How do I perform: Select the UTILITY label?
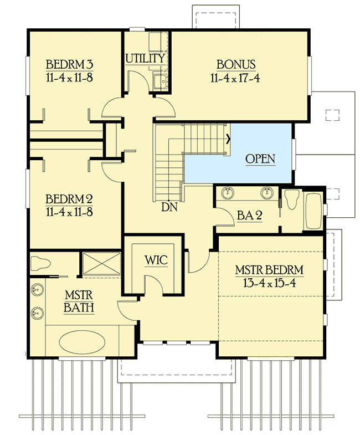(x=145, y=58)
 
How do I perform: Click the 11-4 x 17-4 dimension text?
(x=235, y=78)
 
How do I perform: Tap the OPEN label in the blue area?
(x=260, y=158)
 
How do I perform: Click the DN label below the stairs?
(x=169, y=207)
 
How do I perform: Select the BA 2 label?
(x=250, y=214)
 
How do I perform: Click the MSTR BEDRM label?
(x=269, y=270)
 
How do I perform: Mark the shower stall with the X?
(x=101, y=264)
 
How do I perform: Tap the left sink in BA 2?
(x=228, y=193)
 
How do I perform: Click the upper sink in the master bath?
(x=37, y=290)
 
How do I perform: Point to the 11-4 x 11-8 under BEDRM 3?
(x=69, y=76)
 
